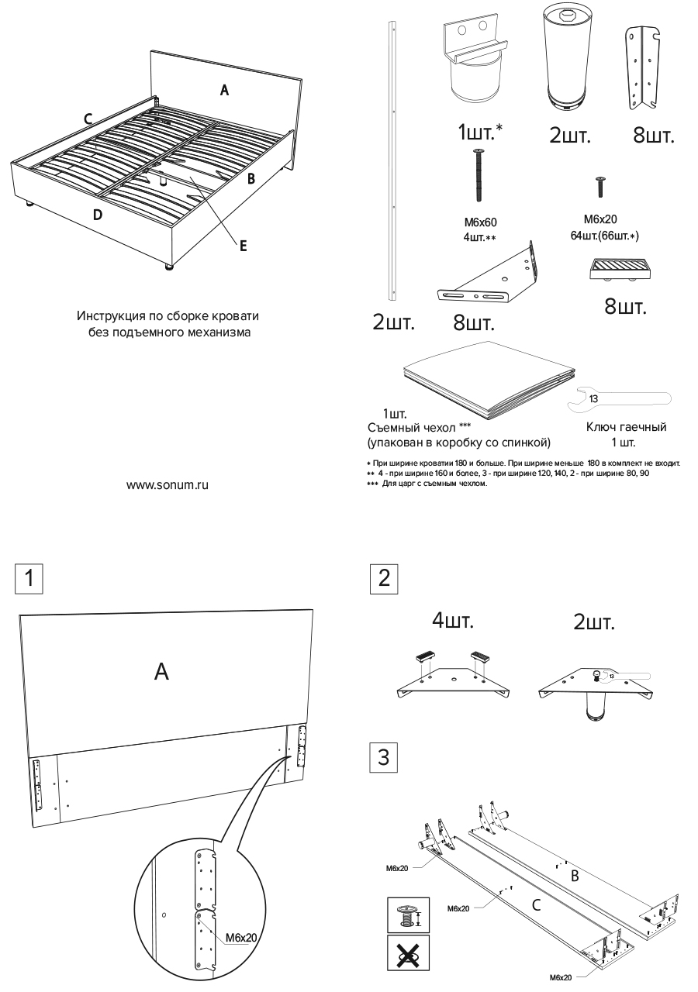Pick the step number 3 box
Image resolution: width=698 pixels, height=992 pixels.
tap(384, 757)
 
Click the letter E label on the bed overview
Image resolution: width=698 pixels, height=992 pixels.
tap(243, 246)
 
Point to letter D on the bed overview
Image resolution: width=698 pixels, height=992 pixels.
tap(97, 215)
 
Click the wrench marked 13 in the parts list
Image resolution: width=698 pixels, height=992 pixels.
tap(620, 399)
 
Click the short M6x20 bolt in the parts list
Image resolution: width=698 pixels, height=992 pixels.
tap(600, 187)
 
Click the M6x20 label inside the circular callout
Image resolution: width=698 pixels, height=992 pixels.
tap(241, 938)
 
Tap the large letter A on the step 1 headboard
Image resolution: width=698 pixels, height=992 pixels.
tap(161, 671)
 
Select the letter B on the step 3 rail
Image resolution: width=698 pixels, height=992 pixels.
tap(575, 877)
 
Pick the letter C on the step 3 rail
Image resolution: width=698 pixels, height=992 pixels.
tap(535, 904)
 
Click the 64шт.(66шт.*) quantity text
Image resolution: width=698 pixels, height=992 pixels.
tap(604, 235)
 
